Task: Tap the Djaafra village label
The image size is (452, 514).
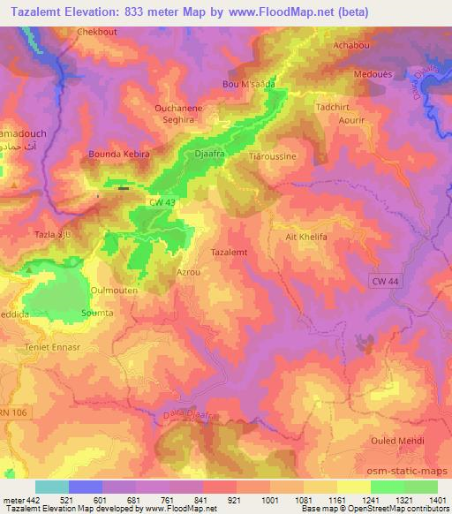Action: click(209, 153)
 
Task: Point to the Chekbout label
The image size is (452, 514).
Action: click(96, 32)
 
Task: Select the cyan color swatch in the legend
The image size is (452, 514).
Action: click(52, 487)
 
